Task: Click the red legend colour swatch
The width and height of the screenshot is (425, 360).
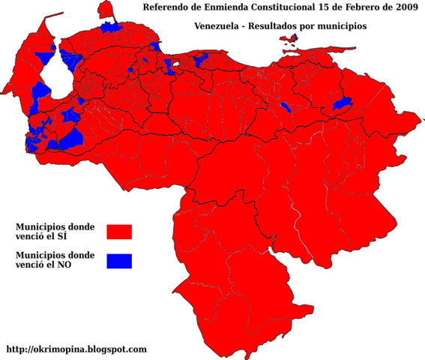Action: point(118,230)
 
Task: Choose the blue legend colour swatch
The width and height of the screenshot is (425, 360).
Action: point(118,260)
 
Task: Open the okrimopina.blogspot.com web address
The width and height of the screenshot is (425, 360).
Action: point(76,349)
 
